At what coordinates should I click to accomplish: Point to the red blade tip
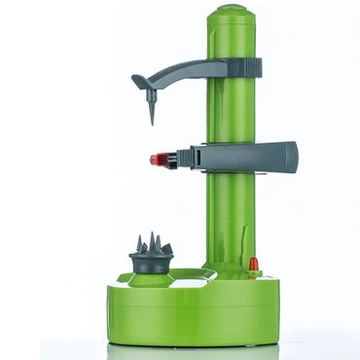click(x=156, y=159)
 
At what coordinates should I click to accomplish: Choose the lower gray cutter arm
click(x=243, y=156)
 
